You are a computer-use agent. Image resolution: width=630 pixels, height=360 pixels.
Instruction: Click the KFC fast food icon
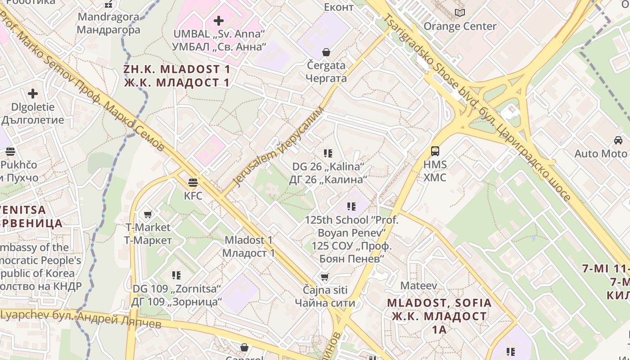tap(193, 182)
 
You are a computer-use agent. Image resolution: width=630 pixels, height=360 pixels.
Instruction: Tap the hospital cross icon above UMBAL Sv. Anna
tap(218, 20)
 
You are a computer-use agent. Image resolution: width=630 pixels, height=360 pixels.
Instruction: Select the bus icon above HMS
tap(435, 151)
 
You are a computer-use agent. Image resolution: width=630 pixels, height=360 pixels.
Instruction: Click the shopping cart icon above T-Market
tap(148, 214)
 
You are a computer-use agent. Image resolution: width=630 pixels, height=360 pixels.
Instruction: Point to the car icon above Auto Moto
tap(618, 140)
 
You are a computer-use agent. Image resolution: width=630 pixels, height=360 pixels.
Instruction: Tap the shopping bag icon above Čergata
tap(326, 52)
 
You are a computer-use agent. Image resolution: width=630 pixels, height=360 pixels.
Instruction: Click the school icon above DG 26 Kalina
tap(328, 153)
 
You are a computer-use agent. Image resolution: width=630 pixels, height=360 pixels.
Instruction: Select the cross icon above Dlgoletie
tap(33, 94)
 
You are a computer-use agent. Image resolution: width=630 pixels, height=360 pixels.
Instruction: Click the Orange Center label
tap(460, 26)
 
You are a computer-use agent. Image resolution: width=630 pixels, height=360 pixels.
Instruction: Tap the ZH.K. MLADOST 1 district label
tap(177, 76)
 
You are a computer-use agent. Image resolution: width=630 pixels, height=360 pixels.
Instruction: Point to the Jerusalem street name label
tap(279, 146)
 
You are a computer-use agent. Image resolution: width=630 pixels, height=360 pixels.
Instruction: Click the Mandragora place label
tap(108, 23)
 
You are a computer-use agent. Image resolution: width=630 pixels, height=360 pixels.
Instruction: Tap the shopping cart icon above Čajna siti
tap(324, 276)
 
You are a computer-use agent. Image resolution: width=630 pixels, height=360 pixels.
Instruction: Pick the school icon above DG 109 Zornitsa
tap(176, 275)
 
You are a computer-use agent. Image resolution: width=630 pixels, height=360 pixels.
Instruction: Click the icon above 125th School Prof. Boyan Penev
tap(351, 207)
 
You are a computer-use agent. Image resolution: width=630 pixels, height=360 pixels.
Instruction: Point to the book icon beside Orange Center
tap(459, 13)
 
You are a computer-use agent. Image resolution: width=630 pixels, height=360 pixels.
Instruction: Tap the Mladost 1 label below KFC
tap(249, 246)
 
